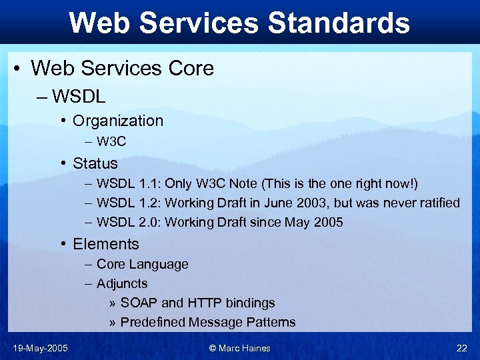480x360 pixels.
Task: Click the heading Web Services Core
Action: tap(122, 68)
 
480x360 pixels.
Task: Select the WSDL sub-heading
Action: tap(79, 96)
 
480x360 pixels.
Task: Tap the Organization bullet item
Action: tap(117, 121)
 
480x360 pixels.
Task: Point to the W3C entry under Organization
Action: tap(111, 141)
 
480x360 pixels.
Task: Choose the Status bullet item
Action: tap(95, 163)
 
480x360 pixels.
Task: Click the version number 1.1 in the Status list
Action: tap(147, 183)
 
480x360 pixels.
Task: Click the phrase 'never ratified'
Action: tap(418, 203)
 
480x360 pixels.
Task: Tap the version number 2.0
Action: tap(147, 222)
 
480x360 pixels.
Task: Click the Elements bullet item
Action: tap(105, 244)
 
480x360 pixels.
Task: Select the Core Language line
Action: tap(142, 264)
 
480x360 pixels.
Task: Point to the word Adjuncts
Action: tap(122, 283)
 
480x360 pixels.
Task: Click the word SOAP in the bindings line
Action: tap(139, 303)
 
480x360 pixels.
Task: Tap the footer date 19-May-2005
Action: tap(40, 348)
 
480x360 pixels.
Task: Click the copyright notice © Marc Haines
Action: tap(240, 348)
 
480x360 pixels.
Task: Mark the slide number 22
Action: tap(461, 348)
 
